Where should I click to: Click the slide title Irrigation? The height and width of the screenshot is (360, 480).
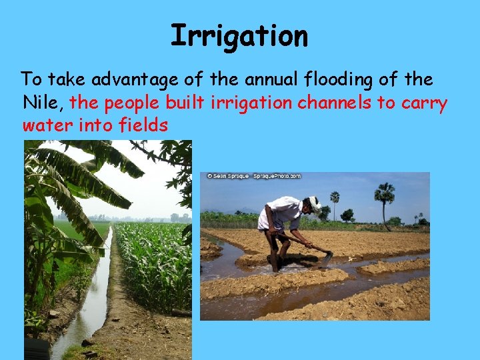click(x=239, y=35)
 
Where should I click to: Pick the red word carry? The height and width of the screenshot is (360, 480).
click(x=426, y=104)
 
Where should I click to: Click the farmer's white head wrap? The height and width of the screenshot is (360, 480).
click(x=314, y=202)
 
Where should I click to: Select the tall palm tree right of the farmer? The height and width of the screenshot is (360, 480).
click(x=384, y=199)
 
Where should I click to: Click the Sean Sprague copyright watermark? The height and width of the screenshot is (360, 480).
click(x=253, y=176)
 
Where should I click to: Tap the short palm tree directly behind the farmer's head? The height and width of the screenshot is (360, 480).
click(x=335, y=200)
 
